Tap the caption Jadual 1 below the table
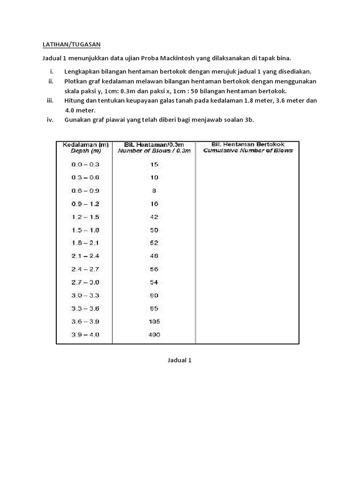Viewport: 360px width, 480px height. [x=180, y=360]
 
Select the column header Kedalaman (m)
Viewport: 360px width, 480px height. [x=85, y=145]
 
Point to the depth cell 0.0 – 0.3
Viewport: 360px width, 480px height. [x=85, y=165]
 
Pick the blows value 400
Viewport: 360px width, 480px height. [x=154, y=335]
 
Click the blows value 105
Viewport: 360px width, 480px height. [x=154, y=322]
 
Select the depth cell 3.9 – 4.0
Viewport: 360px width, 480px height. [x=85, y=335]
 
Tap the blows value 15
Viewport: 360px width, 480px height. [x=154, y=165]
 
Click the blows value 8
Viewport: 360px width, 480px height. [x=154, y=191]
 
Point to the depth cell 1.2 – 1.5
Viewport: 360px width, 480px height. [x=85, y=217]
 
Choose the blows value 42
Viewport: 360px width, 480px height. [x=154, y=217]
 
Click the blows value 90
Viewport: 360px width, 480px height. [x=154, y=295]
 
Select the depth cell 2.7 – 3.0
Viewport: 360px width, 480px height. [x=85, y=282]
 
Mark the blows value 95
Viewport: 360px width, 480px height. [x=154, y=308]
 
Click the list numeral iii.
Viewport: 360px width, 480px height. [x=50, y=101]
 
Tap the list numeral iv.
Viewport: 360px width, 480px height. [x=50, y=120]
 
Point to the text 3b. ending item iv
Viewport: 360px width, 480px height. [x=249, y=120]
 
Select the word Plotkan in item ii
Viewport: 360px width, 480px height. [x=76, y=81]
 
